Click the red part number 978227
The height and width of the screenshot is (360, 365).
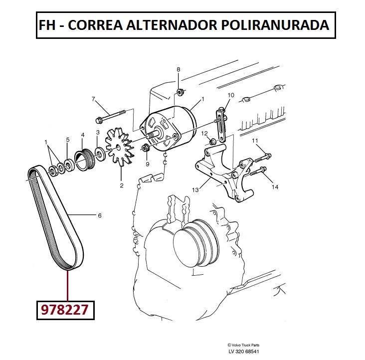(x=65, y=310)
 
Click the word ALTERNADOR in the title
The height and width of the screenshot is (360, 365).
(x=172, y=25)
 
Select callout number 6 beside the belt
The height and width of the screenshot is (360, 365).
(x=100, y=216)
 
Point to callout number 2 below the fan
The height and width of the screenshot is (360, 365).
(x=122, y=185)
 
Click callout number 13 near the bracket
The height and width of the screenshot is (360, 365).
(x=195, y=190)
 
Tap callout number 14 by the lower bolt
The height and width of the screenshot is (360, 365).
(x=275, y=187)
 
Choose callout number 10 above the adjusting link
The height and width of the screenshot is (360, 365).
(x=231, y=95)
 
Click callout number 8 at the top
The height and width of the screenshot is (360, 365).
(x=179, y=69)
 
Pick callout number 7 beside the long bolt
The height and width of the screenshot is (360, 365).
(x=93, y=99)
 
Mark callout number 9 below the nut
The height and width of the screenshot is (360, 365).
(x=148, y=164)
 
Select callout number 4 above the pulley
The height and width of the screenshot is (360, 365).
(x=83, y=135)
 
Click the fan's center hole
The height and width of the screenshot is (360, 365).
(x=118, y=147)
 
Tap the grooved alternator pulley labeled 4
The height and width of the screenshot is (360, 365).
(x=85, y=160)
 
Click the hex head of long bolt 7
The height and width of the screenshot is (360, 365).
(x=98, y=121)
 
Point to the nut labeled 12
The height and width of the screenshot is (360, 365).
(x=212, y=141)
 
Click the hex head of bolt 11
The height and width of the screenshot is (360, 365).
(x=268, y=156)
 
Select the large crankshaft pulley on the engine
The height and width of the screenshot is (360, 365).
(x=196, y=243)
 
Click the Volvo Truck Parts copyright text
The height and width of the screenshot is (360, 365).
(x=243, y=345)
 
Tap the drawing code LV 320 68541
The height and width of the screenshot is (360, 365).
(x=243, y=352)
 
